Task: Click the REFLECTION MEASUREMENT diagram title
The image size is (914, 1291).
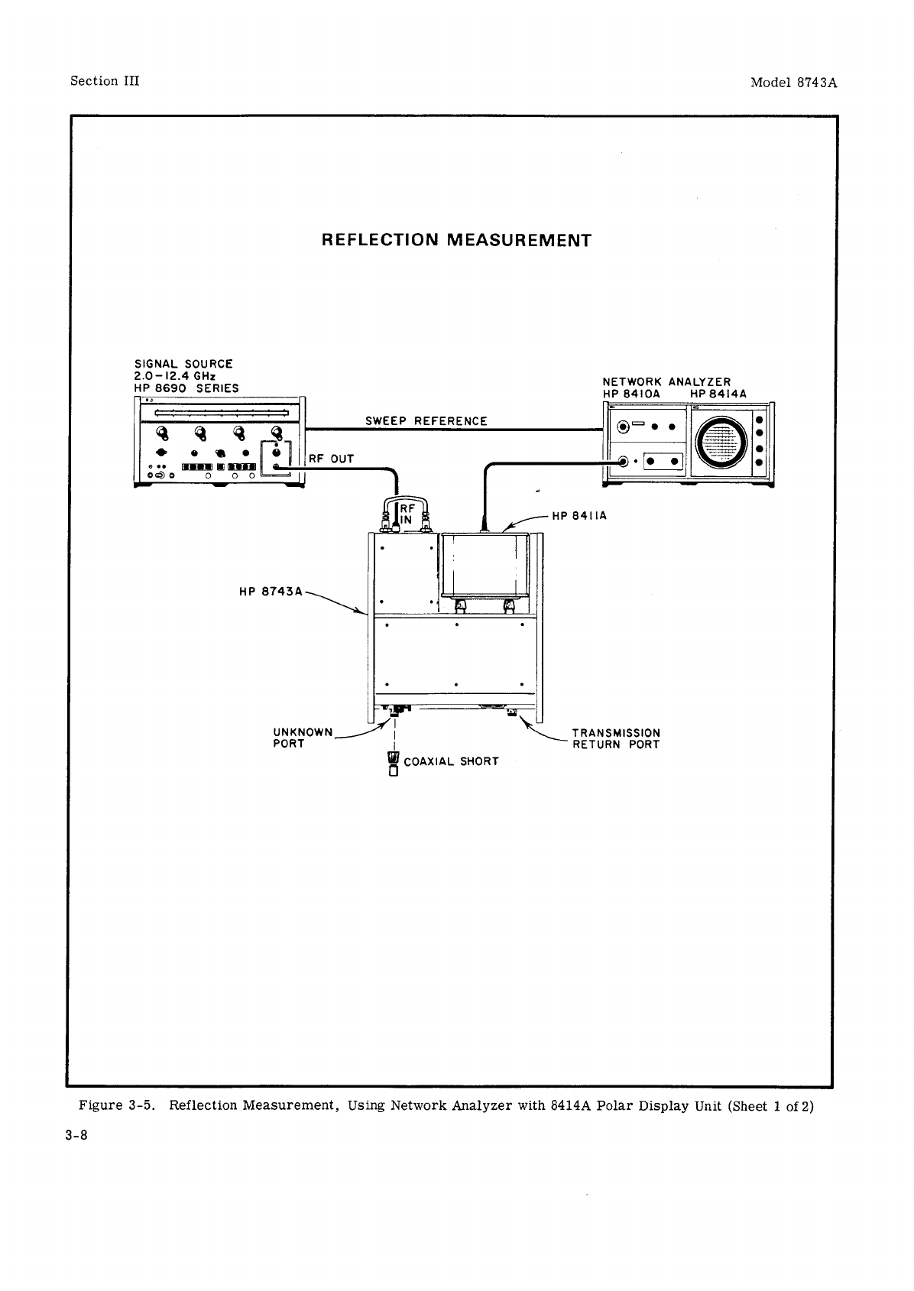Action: (456, 240)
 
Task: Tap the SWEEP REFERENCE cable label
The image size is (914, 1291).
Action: (426, 421)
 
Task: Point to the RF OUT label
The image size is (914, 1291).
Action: (332, 459)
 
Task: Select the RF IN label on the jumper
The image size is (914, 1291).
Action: (407, 514)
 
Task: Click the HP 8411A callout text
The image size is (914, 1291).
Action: (579, 516)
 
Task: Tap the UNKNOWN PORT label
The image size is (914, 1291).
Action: (302, 738)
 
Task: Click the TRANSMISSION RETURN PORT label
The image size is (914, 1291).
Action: (615, 738)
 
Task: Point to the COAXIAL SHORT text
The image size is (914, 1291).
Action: (451, 761)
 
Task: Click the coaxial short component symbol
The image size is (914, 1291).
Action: (394, 764)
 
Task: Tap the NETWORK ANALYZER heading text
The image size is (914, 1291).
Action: (666, 381)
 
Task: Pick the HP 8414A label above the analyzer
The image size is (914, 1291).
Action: (718, 394)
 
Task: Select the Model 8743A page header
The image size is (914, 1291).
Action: (794, 83)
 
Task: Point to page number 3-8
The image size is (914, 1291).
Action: (78, 1135)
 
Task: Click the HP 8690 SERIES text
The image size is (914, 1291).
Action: (186, 388)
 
